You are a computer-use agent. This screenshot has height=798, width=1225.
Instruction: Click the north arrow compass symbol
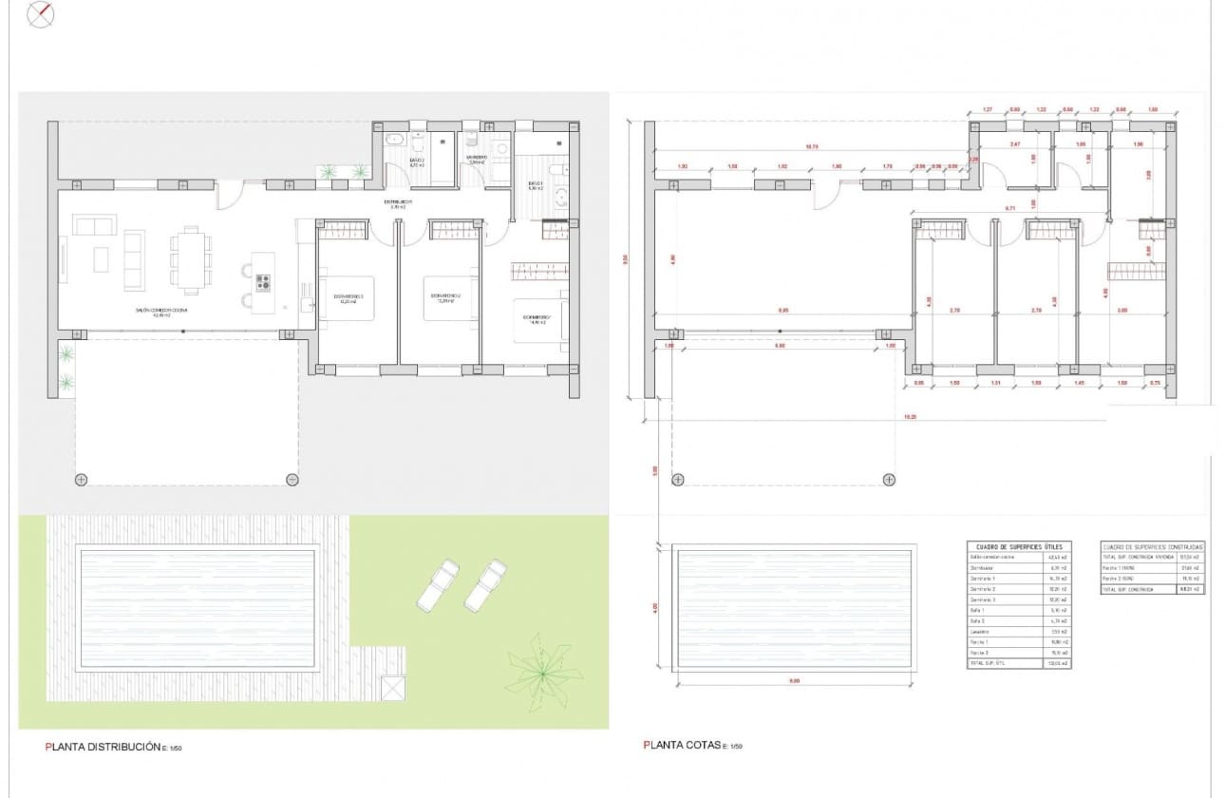(x=41, y=14)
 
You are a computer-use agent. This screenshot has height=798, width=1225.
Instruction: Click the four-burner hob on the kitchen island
(x=262, y=282)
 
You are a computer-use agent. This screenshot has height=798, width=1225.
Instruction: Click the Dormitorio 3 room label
(x=348, y=297)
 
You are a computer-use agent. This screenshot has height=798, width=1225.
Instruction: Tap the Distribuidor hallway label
(x=398, y=202)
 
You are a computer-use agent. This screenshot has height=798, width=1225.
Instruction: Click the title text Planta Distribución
(x=103, y=748)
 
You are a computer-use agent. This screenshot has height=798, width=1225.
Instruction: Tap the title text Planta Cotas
(x=682, y=746)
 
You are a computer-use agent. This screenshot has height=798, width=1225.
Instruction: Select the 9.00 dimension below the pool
(x=794, y=681)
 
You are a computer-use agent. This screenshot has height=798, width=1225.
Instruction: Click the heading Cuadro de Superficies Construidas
(x=1152, y=547)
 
